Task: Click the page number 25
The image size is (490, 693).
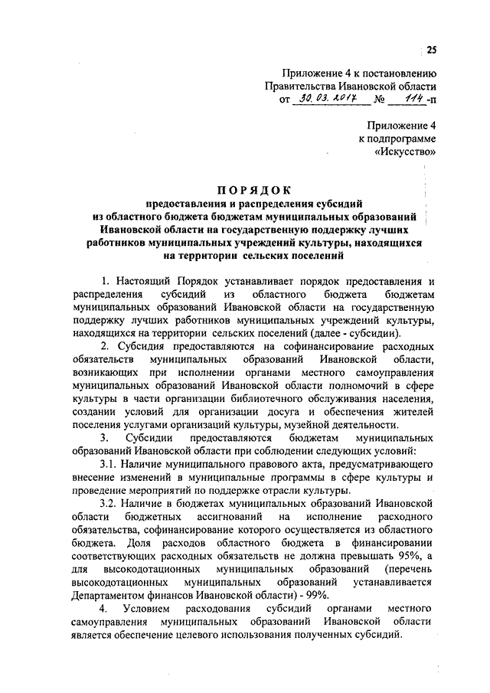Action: (x=431, y=51)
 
